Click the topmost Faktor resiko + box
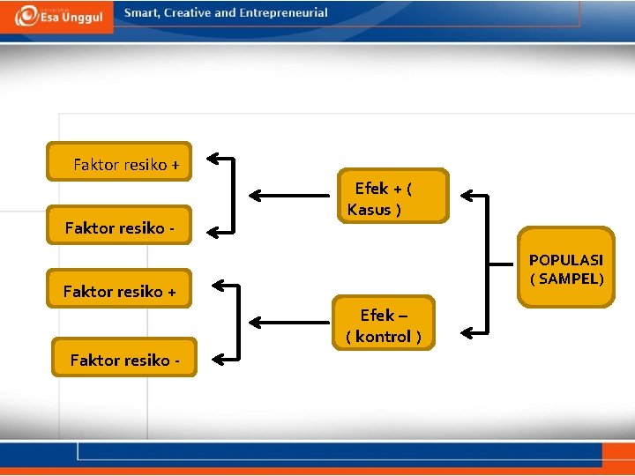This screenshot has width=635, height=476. [119, 162]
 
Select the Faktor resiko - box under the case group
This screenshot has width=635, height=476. [119, 228]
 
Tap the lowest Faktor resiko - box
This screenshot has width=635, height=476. [123, 358]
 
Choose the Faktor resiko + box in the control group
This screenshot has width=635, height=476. [119, 290]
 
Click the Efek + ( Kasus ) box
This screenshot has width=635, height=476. [392, 196]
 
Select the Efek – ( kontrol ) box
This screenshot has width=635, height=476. [385, 324]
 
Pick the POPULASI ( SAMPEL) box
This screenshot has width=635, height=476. [565, 268]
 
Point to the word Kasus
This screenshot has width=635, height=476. [370, 210]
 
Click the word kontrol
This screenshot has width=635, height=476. [383, 337]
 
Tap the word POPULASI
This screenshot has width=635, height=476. [566, 260]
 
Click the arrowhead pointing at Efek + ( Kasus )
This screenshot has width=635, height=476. [468, 195]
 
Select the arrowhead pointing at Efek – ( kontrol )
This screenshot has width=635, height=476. [468, 331]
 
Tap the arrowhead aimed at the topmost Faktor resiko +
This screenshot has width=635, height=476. [213, 159]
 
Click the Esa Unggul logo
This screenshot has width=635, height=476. [57, 16]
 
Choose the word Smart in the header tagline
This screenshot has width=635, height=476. [142, 13]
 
